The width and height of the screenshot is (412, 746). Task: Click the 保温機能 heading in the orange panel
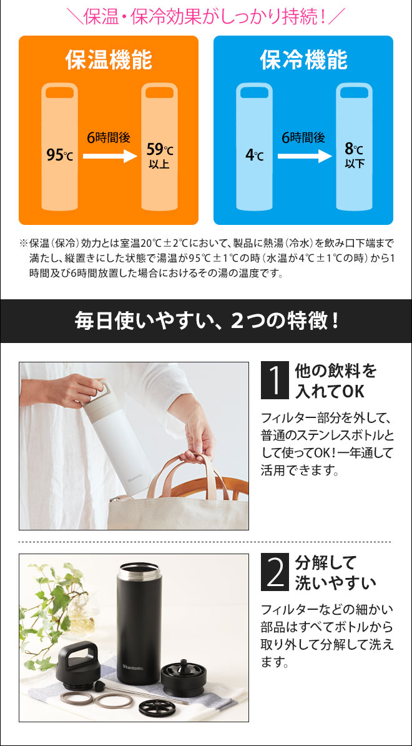[109, 61]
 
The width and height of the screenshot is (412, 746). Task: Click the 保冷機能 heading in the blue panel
[303, 61]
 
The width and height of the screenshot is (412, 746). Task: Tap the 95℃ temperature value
[60, 155]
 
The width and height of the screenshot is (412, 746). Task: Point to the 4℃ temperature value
[255, 155]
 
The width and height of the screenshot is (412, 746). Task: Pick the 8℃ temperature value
[354, 150]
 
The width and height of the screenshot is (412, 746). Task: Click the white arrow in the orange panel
[110, 156]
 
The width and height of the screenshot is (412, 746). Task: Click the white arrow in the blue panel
[305, 156]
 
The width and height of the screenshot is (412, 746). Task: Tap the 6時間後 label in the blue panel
[303, 138]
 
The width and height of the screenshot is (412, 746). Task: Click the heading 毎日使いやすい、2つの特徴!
[206, 321]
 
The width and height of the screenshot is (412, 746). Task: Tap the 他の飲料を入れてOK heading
[335, 380]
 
